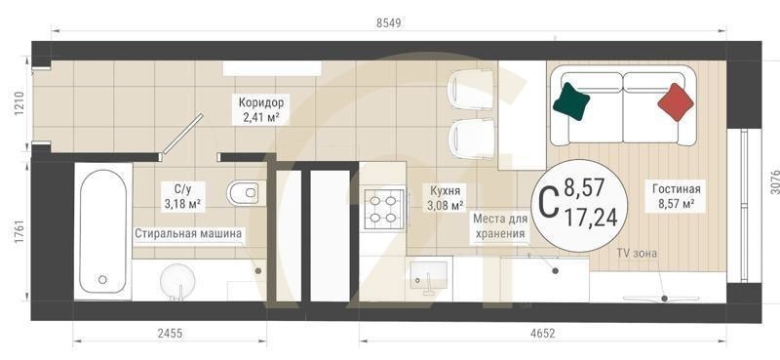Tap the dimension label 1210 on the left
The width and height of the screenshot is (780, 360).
click(16, 105)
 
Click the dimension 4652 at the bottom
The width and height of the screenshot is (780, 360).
click(542, 334)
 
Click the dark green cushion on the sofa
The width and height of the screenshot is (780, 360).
click(571, 100)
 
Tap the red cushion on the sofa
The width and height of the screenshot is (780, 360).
click(676, 100)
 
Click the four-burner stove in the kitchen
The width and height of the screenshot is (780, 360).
click(382, 207)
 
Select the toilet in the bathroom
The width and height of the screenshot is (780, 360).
click(243, 193)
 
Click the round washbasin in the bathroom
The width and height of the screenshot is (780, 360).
click(178, 281)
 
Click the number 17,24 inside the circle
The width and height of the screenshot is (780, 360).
click(591, 218)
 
